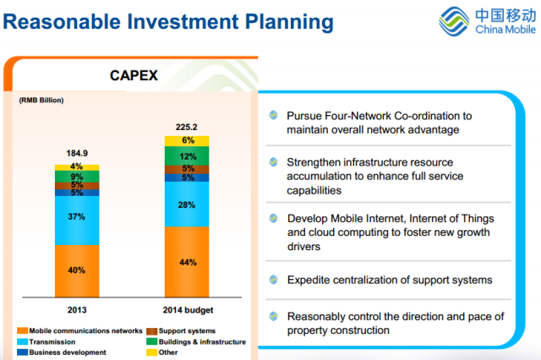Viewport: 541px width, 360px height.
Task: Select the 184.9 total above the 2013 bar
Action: pyautogui.click(x=76, y=154)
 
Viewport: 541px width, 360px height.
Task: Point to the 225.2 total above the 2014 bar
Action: pyautogui.click(x=188, y=128)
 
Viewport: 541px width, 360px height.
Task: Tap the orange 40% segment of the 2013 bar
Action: pyautogui.click(x=76, y=270)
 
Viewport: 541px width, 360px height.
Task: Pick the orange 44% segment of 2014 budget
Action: pyautogui.click(x=188, y=262)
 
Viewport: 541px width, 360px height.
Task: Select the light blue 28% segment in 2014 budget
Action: pyautogui.click(x=188, y=205)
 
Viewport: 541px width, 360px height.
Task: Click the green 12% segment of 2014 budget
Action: pyautogui.click(x=188, y=156)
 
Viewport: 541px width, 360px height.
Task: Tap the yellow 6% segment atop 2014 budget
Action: pyautogui.click(x=188, y=140)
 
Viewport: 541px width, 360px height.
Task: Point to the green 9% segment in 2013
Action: pyautogui.click(x=76, y=177)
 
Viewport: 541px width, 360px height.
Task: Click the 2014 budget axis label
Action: pyautogui.click(x=188, y=309)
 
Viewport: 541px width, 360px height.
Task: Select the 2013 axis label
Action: pyautogui.click(x=76, y=309)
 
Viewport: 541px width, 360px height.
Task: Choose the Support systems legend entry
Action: pyautogui.click(x=185, y=330)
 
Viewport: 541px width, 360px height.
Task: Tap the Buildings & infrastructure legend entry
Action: pyautogui.click(x=199, y=341)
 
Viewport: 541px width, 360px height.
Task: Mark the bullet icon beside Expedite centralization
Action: pyautogui.click(x=272, y=280)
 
